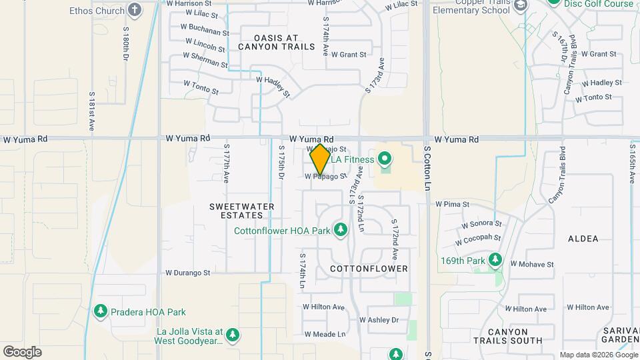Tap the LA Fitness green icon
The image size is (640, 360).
(x=384, y=159)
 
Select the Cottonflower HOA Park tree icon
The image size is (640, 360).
(x=341, y=231)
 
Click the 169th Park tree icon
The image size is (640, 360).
(x=495, y=260)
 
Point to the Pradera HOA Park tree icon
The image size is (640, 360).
(x=101, y=311)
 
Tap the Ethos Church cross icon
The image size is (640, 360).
(x=135, y=10)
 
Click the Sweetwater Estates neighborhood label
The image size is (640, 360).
(x=241, y=211)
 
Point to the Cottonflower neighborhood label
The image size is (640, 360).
(x=369, y=269)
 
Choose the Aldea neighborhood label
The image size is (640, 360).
(x=583, y=238)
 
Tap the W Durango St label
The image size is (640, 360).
(x=188, y=273)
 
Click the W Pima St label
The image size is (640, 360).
(x=453, y=204)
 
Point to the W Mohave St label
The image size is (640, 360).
(x=532, y=264)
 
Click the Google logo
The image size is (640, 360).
(x=22, y=351)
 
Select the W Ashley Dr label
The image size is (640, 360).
(x=379, y=320)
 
